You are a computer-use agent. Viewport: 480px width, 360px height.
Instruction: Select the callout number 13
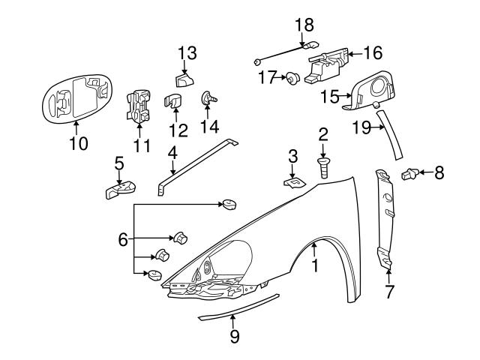pos(187,52)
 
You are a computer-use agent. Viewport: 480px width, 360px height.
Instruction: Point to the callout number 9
pos(235,336)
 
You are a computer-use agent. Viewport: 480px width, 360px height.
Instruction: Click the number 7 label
pos(389,292)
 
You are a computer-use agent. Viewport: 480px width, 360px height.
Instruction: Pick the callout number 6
pos(123,240)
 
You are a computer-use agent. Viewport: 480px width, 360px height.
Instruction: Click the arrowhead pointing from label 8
pos(419,173)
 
